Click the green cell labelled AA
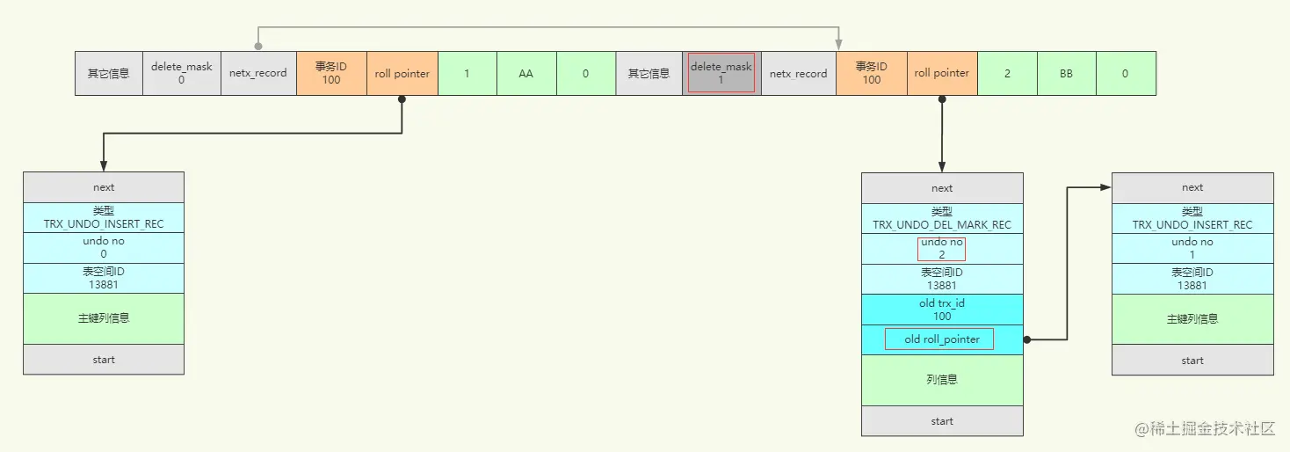point(526,73)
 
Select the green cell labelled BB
point(1066,73)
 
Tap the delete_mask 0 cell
point(181,73)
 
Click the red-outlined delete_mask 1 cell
point(721,73)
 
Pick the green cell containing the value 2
point(1007,73)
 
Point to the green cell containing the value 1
point(467,73)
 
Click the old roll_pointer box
point(939,339)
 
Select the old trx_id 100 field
point(942,310)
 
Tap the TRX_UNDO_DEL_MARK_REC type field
point(942,218)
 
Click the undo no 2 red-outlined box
point(942,249)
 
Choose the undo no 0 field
point(104,248)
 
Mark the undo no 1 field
point(1192,249)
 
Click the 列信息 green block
point(942,380)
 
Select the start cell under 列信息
point(942,421)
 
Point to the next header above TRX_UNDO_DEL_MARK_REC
point(942,188)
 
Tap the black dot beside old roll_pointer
point(1027,339)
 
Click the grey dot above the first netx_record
point(258,46)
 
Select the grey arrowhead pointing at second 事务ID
point(839,45)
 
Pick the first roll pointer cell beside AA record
point(402,73)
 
